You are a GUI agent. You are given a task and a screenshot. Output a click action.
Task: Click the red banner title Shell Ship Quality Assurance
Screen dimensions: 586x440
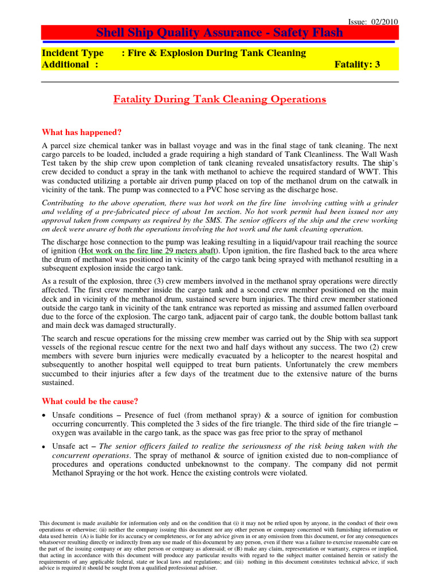pyautogui.click(x=220, y=33)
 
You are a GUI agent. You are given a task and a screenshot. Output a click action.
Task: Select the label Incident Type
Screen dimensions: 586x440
pyautogui.click(x=73, y=53)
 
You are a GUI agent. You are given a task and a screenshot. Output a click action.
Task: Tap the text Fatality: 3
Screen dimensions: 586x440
pyautogui.click(x=357, y=65)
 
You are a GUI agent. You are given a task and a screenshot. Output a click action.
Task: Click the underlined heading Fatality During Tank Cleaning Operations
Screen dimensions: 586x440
pyautogui.click(x=219, y=100)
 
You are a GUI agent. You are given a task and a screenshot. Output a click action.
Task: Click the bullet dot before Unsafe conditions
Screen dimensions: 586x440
pyautogui.click(x=45, y=415)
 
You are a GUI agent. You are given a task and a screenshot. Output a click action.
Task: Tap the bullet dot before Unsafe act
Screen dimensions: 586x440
pyautogui.click(x=45, y=446)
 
